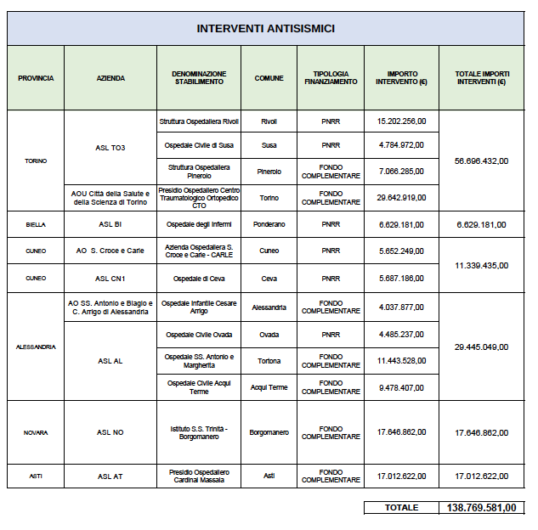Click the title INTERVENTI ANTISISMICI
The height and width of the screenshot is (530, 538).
[x=265, y=28]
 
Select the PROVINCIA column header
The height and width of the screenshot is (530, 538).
[x=35, y=78]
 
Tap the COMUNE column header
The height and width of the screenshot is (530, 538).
[x=269, y=78]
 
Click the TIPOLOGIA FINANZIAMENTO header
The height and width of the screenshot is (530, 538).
[x=331, y=78]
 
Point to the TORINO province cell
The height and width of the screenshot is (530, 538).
[x=35, y=161]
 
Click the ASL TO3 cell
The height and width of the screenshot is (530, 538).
[x=110, y=148]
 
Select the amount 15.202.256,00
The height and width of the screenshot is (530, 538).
[x=401, y=121]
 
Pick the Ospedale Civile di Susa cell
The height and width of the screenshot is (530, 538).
[x=199, y=145]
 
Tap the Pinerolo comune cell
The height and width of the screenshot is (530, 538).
[x=269, y=172]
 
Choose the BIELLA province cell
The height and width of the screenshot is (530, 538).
[x=35, y=225]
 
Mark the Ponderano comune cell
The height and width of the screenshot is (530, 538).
[x=269, y=225]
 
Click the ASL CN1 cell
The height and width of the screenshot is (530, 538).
[x=110, y=278]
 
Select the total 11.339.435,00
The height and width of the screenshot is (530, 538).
[x=481, y=265]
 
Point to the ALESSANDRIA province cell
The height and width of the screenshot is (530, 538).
[x=35, y=347]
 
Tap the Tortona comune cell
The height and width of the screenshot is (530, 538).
[x=269, y=361]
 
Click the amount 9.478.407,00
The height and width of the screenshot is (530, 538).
[x=401, y=387]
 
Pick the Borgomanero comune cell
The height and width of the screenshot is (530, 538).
[x=269, y=432]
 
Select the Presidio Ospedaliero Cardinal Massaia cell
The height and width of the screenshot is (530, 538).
[x=199, y=476]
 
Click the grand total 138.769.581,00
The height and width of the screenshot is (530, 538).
[x=481, y=508]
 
